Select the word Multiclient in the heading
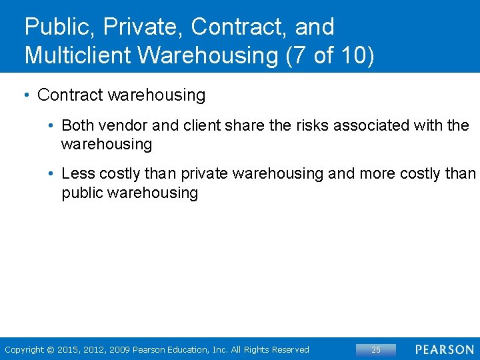[75, 55]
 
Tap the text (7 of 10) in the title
[329, 55]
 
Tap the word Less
[78, 174]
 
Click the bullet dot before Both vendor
[51, 126]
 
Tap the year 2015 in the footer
[68, 349]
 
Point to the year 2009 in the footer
[119, 349]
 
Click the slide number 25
[376, 349]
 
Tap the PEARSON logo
[444, 349]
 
